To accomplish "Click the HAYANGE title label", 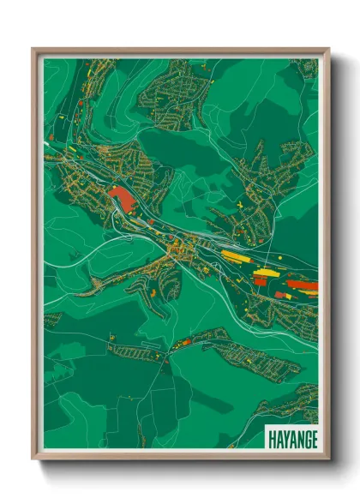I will point(291,438).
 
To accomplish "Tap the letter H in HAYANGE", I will point(272,438).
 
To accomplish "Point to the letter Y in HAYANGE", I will point(285,438).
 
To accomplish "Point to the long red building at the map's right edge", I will point(302,285).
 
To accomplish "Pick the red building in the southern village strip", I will point(183,342).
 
